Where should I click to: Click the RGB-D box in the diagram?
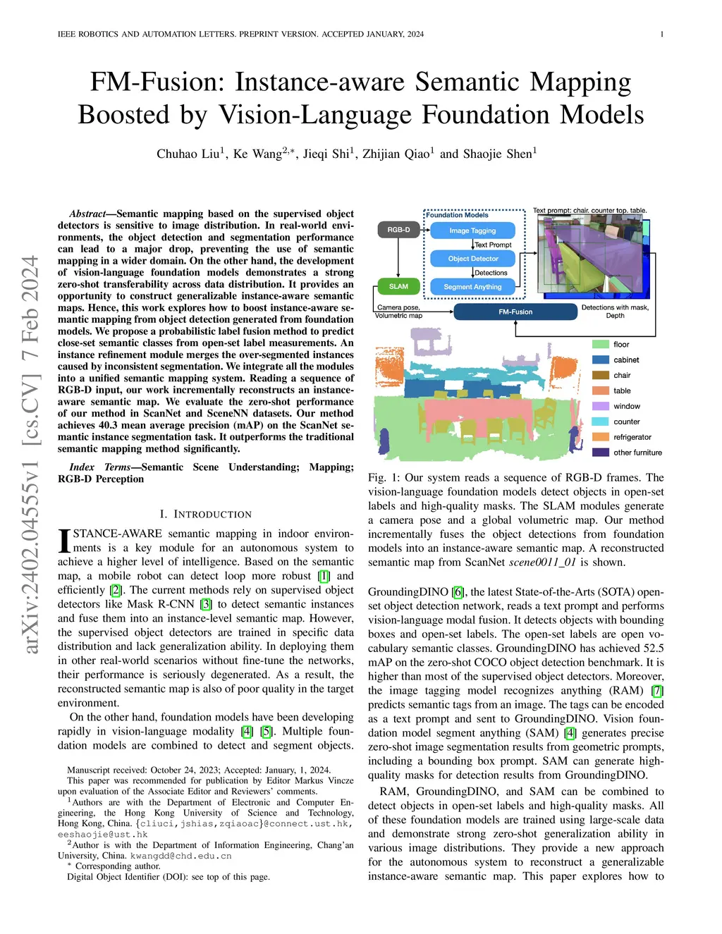pos(398,230)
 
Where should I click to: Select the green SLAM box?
pos(398,286)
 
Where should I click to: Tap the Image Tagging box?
pos(472,231)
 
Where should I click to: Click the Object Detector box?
pos(472,259)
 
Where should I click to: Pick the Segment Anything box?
pos(472,287)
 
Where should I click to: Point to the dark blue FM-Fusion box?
pos(515,312)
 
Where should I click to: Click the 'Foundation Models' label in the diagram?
pos(457,215)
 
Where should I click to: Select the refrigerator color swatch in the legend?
pos(601,437)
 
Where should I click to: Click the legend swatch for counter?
pos(601,422)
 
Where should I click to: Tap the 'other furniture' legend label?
pos(637,453)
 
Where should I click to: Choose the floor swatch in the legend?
pos(601,345)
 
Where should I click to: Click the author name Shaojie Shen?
pos(500,154)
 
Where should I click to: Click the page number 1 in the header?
pos(662,34)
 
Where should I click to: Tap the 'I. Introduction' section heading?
pos(205,514)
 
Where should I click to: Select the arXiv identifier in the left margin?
pos(30,455)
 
